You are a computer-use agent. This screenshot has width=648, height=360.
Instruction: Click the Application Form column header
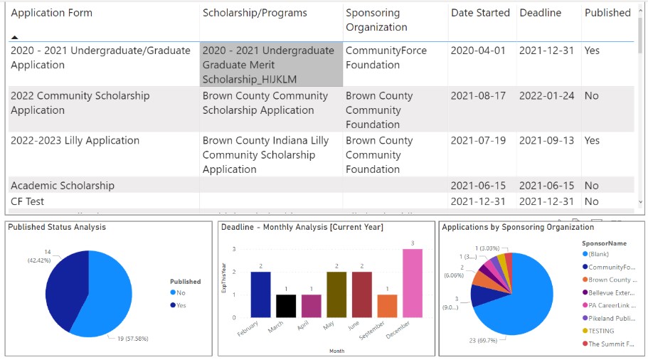(x=51, y=13)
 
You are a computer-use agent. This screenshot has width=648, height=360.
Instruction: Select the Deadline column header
(x=540, y=13)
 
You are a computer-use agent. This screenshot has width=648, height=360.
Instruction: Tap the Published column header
(x=607, y=13)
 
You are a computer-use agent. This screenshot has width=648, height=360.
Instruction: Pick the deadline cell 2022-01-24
(x=546, y=95)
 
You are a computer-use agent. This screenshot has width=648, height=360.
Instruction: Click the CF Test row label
(x=27, y=201)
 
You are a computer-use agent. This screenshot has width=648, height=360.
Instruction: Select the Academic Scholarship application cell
(x=63, y=186)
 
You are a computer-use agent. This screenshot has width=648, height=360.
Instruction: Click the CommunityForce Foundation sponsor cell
(x=381, y=58)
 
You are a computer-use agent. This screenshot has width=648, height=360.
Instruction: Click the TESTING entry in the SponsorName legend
(x=600, y=331)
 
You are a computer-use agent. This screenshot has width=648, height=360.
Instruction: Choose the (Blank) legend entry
(x=598, y=254)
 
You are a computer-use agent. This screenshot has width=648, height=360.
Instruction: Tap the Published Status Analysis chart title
(x=56, y=227)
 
